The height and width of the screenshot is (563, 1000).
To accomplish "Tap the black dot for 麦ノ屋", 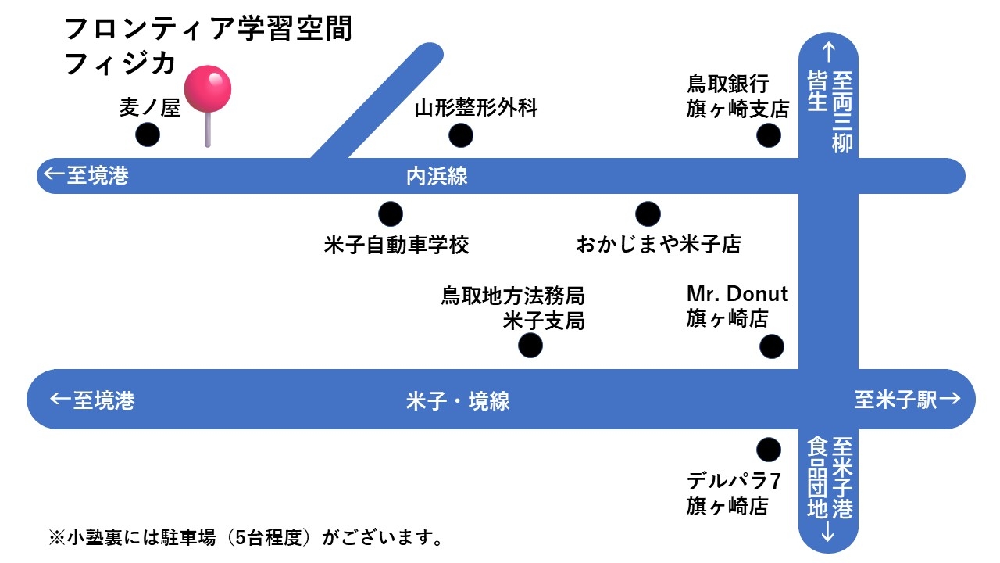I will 148,135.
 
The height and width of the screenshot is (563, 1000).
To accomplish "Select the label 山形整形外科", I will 476,108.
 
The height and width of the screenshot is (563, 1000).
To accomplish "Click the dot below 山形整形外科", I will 461,135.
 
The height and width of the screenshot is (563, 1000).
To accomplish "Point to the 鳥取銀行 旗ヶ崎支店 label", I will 737,96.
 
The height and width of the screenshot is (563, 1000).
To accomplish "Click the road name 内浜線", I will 437,176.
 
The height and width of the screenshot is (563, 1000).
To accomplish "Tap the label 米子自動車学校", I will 396,245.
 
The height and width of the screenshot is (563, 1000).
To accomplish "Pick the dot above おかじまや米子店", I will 648,213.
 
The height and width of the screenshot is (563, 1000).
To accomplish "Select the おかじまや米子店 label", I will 658,245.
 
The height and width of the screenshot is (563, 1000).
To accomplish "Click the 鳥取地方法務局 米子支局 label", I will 513,308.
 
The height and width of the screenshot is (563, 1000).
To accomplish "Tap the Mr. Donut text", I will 737,294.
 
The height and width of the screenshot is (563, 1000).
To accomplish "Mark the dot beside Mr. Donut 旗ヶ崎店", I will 772,346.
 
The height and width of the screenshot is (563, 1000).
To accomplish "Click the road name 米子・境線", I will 458,401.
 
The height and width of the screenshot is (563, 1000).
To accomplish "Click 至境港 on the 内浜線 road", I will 87,176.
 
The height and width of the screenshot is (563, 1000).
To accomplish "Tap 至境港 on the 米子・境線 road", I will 93,401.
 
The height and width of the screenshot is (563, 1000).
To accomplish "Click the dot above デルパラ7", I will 769,450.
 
